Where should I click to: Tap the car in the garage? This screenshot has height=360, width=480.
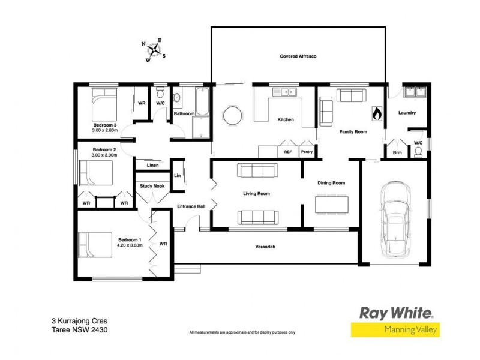(x=396, y=217)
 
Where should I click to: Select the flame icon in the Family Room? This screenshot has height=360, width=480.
(x=377, y=112)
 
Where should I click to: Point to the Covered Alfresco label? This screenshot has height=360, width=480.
(x=298, y=56)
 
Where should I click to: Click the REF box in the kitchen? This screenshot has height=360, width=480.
(x=287, y=152)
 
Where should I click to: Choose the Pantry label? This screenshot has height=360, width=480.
(x=306, y=152)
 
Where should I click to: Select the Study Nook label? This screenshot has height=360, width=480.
(x=152, y=186)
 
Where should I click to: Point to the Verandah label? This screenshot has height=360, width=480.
(x=265, y=247)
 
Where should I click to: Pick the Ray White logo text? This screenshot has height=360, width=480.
(x=395, y=313)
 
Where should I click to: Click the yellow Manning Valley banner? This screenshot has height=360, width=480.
(x=395, y=329)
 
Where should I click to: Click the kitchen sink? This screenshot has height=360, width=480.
(x=281, y=92)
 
